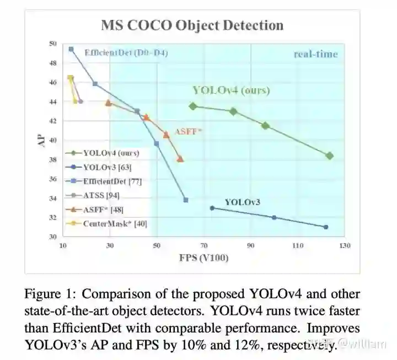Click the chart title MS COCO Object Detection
pos(192,25)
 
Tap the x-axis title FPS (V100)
pos(203,257)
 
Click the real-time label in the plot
pos(315,54)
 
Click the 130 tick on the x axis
pos(345,246)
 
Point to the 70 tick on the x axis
pos(204,246)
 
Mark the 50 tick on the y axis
pos(53,44)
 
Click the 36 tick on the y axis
pos(53,179)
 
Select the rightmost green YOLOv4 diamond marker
pos(330,156)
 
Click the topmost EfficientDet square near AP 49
pos(71,49)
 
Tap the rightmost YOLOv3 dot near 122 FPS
pos(326,227)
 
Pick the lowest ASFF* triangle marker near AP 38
pos(180,159)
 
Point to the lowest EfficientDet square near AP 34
pos(186,200)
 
